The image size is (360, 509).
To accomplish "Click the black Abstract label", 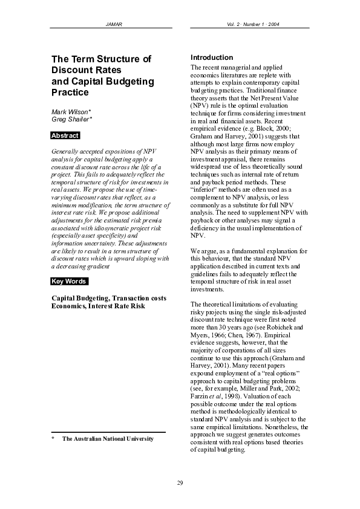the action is [65, 135].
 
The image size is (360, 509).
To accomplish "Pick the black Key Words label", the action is [69, 281].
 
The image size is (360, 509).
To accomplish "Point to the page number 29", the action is [180, 482].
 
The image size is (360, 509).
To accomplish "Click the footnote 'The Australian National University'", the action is [108, 438].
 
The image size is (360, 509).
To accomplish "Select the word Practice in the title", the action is [70, 92].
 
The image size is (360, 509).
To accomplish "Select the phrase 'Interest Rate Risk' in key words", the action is [115, 306].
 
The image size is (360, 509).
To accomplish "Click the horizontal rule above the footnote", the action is [108, 432].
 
